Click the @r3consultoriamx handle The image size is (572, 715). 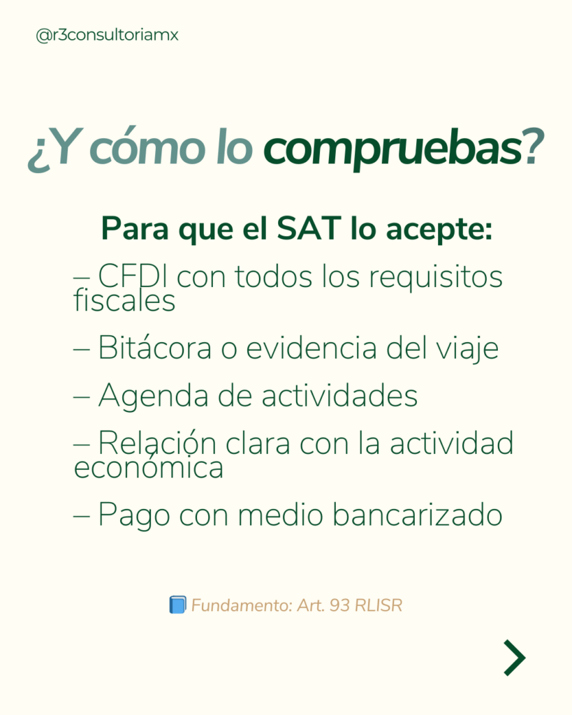pos(107,35)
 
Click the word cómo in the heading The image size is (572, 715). pos(147,147)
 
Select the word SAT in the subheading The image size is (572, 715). pos(309,228)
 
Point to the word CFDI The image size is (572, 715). pos(132,276)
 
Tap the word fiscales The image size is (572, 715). pos(124,300)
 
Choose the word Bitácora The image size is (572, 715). pos(155,348)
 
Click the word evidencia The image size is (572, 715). pos(311,348)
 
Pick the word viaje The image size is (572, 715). pos(467,349)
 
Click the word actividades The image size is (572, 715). pos(339,395)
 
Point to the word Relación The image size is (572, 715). pos(157,443)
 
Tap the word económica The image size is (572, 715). pos(149,468)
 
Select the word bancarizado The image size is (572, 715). pos(418,515)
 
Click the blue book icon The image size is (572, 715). pos(177,605)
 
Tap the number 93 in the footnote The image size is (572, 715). pos(339,605)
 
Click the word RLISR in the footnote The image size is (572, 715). pos(379,605)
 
